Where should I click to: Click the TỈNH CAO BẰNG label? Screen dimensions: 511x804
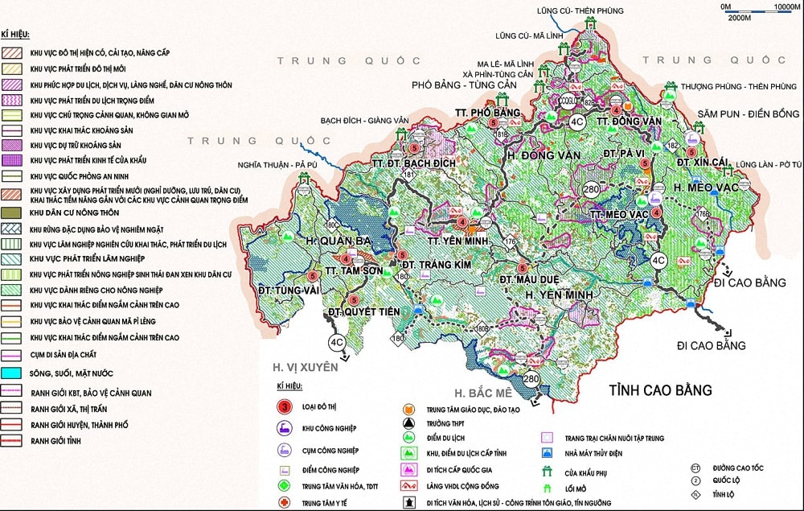click(x=660, y=390)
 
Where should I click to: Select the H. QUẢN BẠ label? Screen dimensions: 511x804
click(x=338, y=241)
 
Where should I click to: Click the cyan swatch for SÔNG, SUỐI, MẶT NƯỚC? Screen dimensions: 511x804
click(x=13, y=373)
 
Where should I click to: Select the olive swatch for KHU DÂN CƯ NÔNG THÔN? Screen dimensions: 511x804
click(x=13, y=211)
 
